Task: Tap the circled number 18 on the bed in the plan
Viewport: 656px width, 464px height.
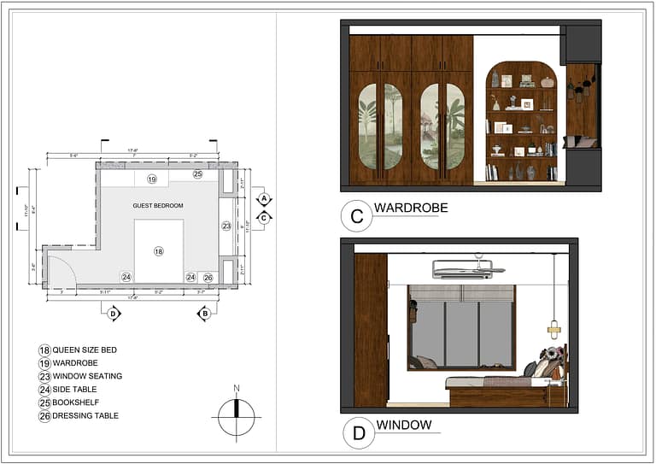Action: pyautogui.click(x=158, y=250)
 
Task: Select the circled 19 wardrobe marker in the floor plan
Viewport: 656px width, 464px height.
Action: pyautogui.click(x=151, y=179)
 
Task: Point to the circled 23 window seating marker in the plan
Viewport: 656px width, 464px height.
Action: pyautogui.click(x=226, y=226)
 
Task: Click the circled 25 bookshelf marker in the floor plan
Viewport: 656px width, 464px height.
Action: pyautogui.click(x=197, y=174)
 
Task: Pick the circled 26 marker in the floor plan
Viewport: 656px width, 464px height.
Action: pyautogui.click(x=208, y=278)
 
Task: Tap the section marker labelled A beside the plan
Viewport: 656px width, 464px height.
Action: pyautogui.click(x=264, y=198)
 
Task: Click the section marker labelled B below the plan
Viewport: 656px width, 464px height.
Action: pyautogui.click(x=204, y=314)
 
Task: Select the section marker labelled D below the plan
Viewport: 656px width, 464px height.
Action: pyautogui.click(x=114, y=314)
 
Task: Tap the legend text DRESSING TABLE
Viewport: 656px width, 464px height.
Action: pyautogui.click(x=85, y=416)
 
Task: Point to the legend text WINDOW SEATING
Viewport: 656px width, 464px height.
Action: pyautogui.click(x=87, y=376)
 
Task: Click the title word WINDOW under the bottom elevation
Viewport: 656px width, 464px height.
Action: pyautogui.click(x=403, y=425)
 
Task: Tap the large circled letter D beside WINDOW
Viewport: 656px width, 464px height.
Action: pyautogui.click(x=359, y=433)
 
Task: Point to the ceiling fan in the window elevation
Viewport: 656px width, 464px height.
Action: pyautogui.click(x=469, y=268)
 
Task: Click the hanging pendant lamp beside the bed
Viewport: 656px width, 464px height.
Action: pyautogui.click(x=553, y=327)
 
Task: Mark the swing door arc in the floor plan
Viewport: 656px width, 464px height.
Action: pyautogui.click(x=64, y=269)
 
